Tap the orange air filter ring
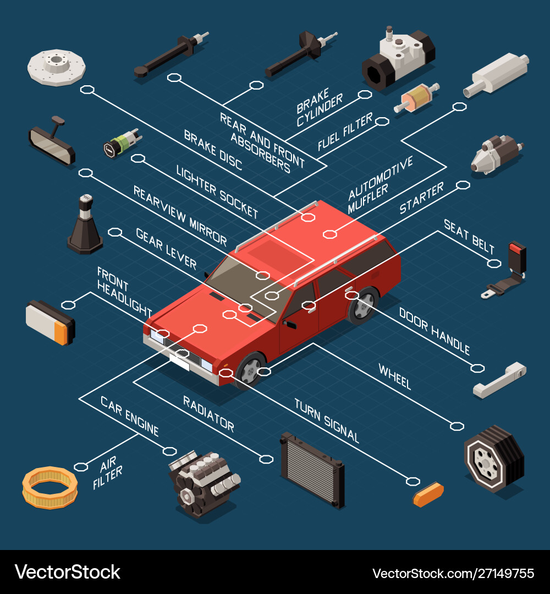(x=50, y=487)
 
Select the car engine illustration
(x=204, y=481)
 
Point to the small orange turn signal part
(x=428, y=494)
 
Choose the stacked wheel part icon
(x=493, y=458)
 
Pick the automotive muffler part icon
(x=497, y=75)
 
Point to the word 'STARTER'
(x=421, y=199)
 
